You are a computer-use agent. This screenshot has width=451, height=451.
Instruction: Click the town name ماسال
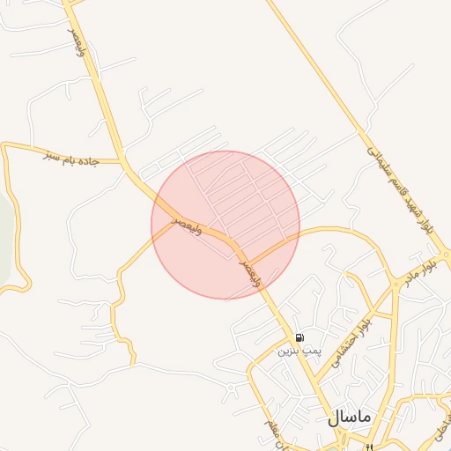click(351, 418)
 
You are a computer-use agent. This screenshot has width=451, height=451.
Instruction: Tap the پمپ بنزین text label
click(295, 351)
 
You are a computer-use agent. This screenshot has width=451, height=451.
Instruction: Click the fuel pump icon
click(299, 337)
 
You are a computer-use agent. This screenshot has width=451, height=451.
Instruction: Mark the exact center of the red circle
click(225, 225)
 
